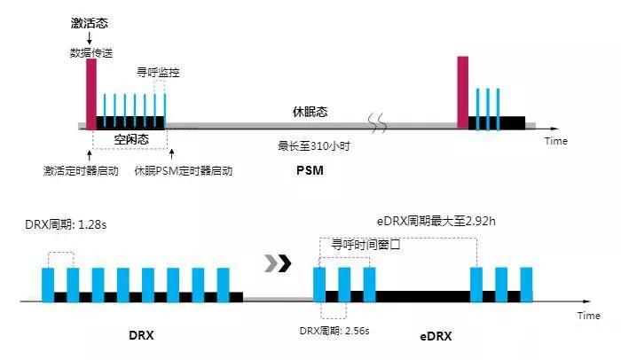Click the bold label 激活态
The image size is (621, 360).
tap(89, 23)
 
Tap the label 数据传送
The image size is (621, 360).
tap(91, 52)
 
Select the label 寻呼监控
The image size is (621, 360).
tap(158, 73)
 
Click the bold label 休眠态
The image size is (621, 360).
tap(310, 112)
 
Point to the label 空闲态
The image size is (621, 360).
tap(131, 139)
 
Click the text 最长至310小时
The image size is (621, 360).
tap(314, 146)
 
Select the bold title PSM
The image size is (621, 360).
tap(310, 170)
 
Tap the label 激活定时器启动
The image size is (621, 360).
tap(81, 171)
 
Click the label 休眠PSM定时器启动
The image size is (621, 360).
tap(184, 171)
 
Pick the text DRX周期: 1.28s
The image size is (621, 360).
tap(66, 224)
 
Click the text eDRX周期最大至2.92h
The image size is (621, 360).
tap(436, 221)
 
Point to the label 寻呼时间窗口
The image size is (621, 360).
tap(366, 245)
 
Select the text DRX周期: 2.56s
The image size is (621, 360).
tap(334, 331)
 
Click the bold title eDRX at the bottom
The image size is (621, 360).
tap(436, 336)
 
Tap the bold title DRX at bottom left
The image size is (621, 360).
tap(141, 335)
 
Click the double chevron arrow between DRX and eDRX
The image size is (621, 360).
tap(278, 263)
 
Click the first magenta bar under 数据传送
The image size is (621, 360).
tap(91, 94)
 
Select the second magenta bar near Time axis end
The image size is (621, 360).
tap(462, 92)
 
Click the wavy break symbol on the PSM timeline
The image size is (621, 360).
tap(377, 123)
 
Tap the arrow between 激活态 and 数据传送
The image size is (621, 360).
tap(90, 38)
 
